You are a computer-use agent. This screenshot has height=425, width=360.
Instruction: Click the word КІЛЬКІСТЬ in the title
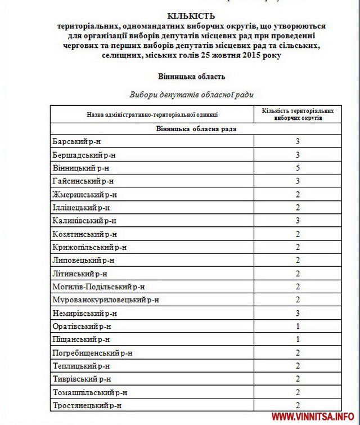point(191,16)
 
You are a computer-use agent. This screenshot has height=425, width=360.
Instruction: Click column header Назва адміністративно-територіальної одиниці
point(152,114)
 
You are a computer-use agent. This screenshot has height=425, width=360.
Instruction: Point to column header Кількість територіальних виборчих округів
point(298,114)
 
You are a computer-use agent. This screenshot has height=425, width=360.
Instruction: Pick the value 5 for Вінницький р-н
point(298,168)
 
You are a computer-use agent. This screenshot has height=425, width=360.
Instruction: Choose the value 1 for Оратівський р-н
point(298,326)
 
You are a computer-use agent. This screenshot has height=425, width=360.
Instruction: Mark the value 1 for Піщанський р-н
point(298,339)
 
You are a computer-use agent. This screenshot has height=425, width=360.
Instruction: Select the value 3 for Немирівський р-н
point(298,314)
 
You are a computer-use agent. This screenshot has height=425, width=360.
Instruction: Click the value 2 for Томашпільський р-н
point(298,392)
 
